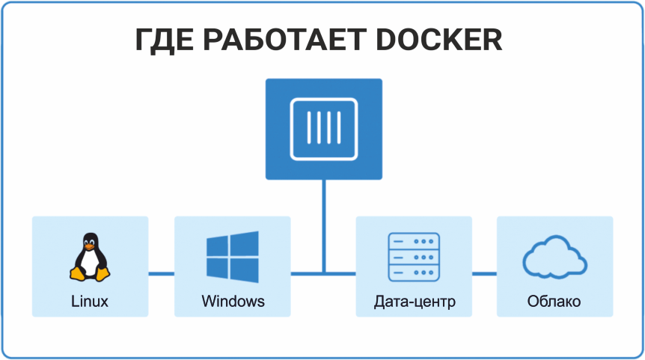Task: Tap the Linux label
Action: tap(90, 302)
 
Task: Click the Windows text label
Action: tap(233, 302)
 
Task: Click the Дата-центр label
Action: tap(414, 302)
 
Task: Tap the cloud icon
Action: tap(554, 258)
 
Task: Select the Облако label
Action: tap(554, 302)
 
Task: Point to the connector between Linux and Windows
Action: tap(161, 273)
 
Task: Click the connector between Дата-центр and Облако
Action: tap(484, 273)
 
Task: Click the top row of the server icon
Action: tap(414, 241)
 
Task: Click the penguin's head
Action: tap(90, 241)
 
